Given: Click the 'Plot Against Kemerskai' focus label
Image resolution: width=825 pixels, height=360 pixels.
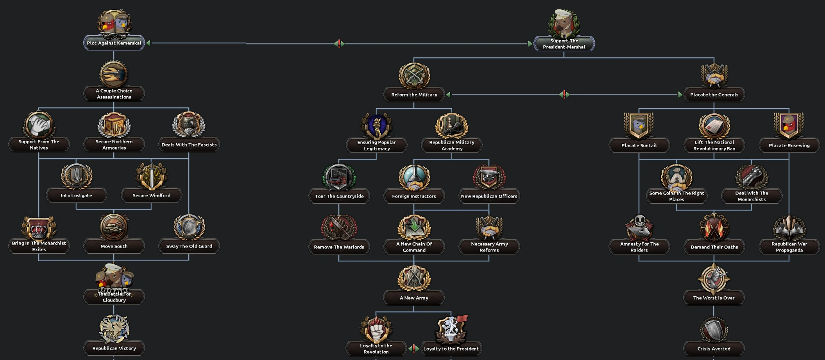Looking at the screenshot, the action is point(114,43).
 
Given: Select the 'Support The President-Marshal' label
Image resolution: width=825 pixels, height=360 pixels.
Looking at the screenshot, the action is point(564,44).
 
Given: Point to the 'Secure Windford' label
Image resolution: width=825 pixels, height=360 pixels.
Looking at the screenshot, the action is point(151,195).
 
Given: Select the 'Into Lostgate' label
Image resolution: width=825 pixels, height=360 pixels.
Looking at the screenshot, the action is point(76,195).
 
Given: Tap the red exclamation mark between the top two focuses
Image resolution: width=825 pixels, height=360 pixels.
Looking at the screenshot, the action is point(339,43).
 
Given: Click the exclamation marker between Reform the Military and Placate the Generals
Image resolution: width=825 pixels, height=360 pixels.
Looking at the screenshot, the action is point(564,94).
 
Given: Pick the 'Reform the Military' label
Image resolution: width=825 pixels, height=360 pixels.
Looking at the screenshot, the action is point(414,95).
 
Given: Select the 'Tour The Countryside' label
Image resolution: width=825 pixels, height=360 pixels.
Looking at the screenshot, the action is point(339,196).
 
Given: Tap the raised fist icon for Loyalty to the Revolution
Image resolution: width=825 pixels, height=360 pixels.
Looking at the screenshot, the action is point(376,329).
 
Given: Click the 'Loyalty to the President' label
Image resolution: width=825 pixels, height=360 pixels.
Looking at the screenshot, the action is point(451,349).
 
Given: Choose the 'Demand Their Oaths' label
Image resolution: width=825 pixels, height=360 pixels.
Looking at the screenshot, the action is point(714,247).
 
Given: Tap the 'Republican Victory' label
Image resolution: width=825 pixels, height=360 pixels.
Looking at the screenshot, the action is point(114,348).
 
